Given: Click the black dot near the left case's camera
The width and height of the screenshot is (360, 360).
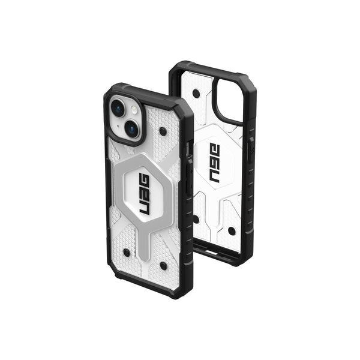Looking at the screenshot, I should [163, 130].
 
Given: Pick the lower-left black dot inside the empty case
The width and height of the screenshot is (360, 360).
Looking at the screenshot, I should [196, 218].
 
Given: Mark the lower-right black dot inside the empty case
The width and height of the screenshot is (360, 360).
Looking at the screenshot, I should [232, 230].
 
